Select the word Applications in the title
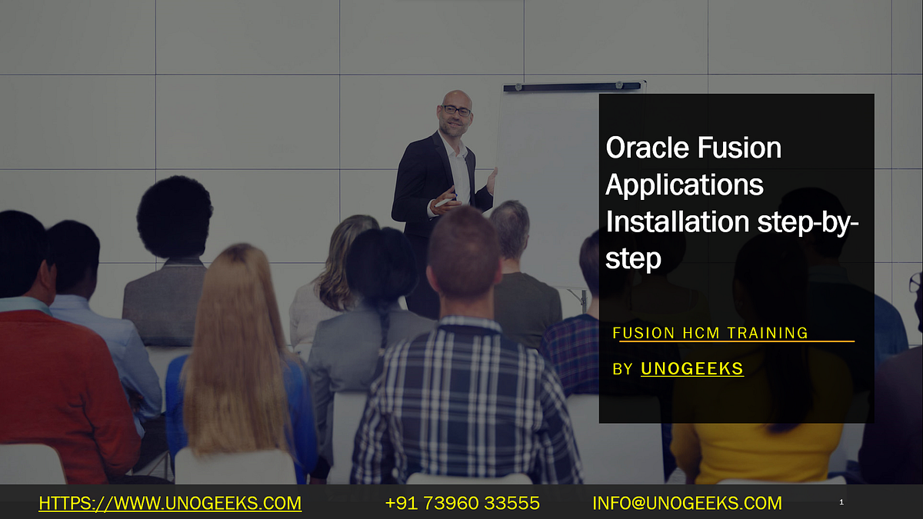pyautogui.click(x=685, y=185)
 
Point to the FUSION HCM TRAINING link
pyautogui.click(x=710, y=333)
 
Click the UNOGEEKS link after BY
pyautogui.click(x=692, y=369)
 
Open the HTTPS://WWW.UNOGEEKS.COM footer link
pyautogui.click(x=170, y=504)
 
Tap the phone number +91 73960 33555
pyautogui.click(x=462, y=504)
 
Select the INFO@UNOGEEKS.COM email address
pyautogui.click(x=687, y=504)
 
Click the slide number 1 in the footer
pyautogui.click(x=841, y=503)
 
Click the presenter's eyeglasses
pyautogui.click(x=457, y=111)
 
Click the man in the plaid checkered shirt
pyautogui.click(x=461, y=400)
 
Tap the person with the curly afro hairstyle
pyautogui.click(x=175, y=219)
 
